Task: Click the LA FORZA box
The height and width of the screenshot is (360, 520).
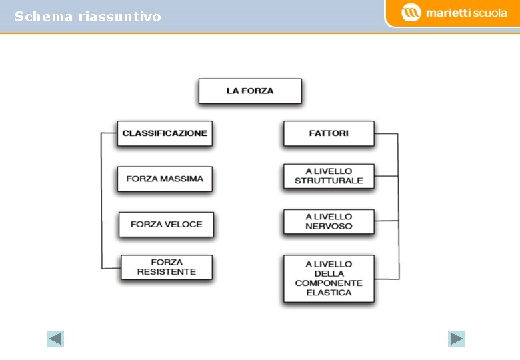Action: [x=250, y=91]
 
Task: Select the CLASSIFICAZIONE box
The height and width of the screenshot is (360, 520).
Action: [x=165, y=133]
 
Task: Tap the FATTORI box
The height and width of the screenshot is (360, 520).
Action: [x=329, y=133]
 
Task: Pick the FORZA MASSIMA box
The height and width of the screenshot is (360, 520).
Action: [x=165, y=179]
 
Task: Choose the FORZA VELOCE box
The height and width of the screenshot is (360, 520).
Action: [x=166, y=224]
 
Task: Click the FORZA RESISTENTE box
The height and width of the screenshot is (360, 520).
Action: [x=166, y=267]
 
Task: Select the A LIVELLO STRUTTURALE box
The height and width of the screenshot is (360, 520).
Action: [x=329, y=176]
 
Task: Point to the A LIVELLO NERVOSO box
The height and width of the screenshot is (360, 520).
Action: [x=329, y=221]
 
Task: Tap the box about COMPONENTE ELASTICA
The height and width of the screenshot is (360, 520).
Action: [x=329, y=279]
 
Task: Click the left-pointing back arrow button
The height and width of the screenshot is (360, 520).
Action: [x=55, y=339]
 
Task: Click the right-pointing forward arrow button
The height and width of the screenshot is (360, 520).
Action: [x=457, y=339]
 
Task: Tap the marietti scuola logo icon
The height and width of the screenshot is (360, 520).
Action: [x=411, y=13]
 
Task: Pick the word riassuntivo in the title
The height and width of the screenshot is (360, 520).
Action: [x=119, y=17]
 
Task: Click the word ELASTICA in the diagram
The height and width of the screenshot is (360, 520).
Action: [x=329, y=293]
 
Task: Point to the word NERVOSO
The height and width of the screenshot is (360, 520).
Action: [x=329, y=226]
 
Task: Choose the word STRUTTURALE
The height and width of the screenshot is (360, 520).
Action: [x=329, y=181]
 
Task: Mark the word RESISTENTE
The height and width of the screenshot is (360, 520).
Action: [x=166, y=272]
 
